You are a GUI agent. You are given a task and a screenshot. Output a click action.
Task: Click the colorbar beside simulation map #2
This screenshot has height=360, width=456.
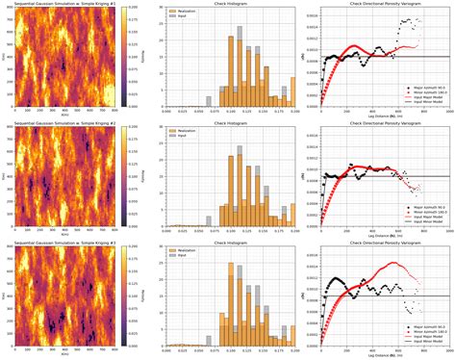tap(128, 174)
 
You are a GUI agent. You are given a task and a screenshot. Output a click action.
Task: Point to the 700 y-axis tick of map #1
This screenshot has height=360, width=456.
tap(11, 19)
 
